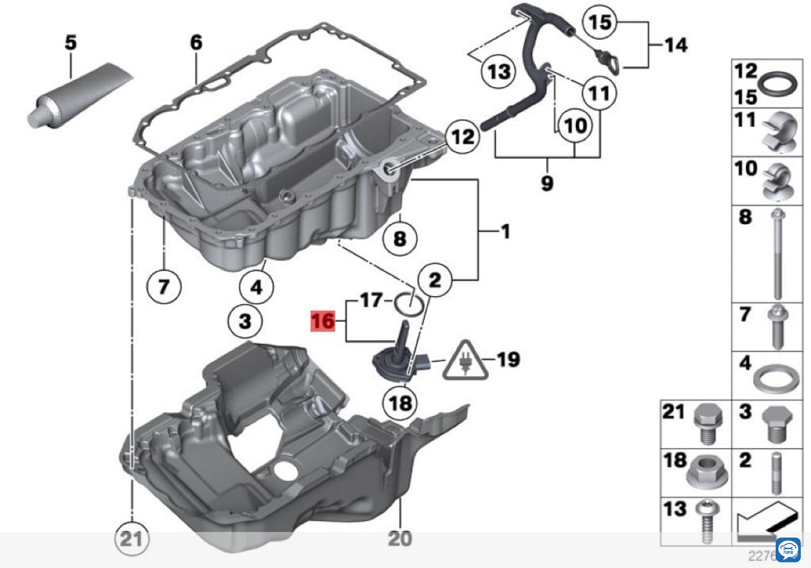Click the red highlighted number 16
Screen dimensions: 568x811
(x=322, y=321)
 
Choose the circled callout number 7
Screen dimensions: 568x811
(x=164, y=286)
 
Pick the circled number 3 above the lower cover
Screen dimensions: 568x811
(x=245, y=321)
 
